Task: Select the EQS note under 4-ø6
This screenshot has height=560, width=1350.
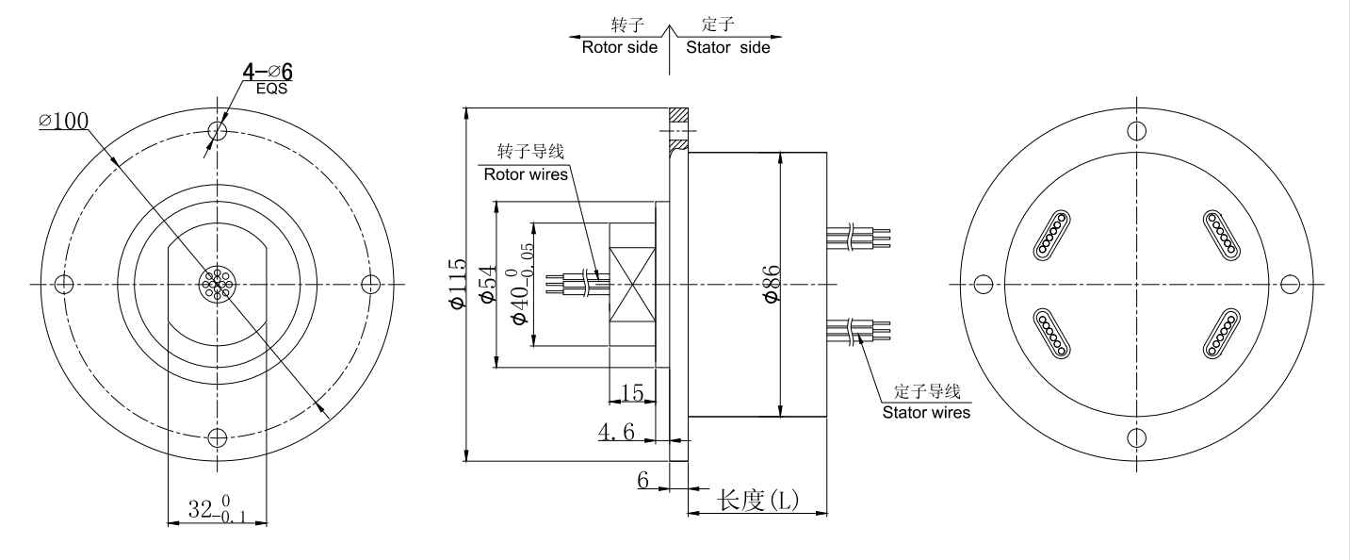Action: [x=270, y=90]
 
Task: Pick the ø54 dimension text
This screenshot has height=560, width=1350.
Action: [x=487, y=284]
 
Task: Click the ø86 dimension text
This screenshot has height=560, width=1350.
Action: [x=772, y=283]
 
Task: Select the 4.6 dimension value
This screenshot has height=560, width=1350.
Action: [x=616, y=432]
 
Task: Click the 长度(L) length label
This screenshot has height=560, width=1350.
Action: [x=757, y=500]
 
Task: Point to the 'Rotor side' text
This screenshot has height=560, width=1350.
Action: [x=619, y=47]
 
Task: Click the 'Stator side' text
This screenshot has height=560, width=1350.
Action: [x=727, y=47]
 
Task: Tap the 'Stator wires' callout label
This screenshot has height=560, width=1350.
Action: [x=925, y=412]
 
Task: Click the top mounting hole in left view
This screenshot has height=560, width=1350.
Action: [x=218, y=129]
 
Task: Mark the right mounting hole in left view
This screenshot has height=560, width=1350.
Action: [x=371, y=283]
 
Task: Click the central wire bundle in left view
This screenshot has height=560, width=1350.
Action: [x=218, y=283]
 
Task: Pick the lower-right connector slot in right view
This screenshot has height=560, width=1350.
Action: [x=1222, y=334]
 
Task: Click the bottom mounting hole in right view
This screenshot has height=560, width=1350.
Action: [x=1136, y=436]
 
